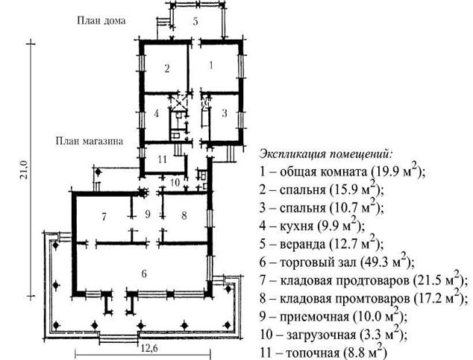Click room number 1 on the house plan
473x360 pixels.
[x=211, y=65]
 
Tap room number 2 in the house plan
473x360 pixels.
[x=167, y=69]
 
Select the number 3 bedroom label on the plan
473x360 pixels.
[x=225, y=113]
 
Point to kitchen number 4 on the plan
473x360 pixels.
[x=156, y=113]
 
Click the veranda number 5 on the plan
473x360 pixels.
[x=195, y=22]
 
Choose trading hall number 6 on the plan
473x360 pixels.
[x=144, y=274]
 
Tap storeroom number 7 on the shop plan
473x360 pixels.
[x=104, y=217]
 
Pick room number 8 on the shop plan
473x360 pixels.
[x=184, y=215]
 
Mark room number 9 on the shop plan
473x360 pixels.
[x=148, y=214]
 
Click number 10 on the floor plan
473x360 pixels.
[x=175, y=183]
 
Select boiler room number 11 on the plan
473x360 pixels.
[x=163, y=159]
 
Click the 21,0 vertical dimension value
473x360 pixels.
[x=24, y=170]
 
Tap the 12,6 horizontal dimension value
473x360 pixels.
[x=149, y=349]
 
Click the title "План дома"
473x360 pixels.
[x=101, y=21]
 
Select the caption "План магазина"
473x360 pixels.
[x=90, y=141]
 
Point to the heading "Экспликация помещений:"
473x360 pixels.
[x=327, y=154]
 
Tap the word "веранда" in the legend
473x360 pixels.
[x=303, y=244]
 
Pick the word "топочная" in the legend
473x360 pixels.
[x=312, y=353]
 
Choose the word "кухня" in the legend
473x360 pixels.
[x=297, y=227]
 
